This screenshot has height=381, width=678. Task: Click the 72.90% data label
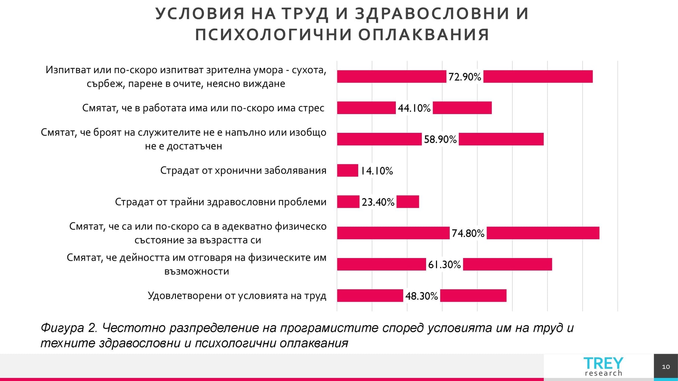[x=464, y=77]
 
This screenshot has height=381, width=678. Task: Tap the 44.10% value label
[x=414, y=108]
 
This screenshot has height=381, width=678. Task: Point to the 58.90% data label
[x=440, y=139]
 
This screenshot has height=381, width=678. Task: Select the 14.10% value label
[x=376, y=171]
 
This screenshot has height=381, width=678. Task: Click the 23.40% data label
[x=378, y=202]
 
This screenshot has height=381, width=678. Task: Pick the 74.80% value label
[x=468, y=233]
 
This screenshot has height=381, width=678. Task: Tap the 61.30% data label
[x=444, y=264]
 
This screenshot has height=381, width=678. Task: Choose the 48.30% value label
[x=421, y=296]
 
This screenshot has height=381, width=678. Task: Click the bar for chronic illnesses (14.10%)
[x=347, y=170]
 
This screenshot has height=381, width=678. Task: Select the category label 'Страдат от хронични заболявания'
[x=243, y=170]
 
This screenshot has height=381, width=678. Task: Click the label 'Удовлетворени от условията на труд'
[x=237, y=296]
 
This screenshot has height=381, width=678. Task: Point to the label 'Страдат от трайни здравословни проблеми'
[x=221, y=202]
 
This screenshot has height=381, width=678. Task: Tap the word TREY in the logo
[x=603, y=363]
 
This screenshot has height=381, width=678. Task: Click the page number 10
[x=666, y=367]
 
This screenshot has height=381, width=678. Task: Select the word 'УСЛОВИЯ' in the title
[x=200, y=14]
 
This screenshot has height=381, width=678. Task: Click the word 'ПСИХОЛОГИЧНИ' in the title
[x=274, y=35]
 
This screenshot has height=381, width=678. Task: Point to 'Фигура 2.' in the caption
[x=69, y=328]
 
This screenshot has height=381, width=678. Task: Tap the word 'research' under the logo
[x=603, y=373]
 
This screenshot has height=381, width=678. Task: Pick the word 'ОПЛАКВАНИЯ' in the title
[x=424, y=35]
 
